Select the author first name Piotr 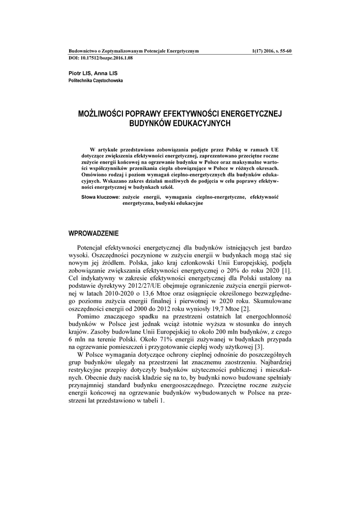tap(75, 73)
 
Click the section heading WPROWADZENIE tap(93, 233)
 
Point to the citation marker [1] tap(286, 270)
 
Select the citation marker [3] tap(259, 346)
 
